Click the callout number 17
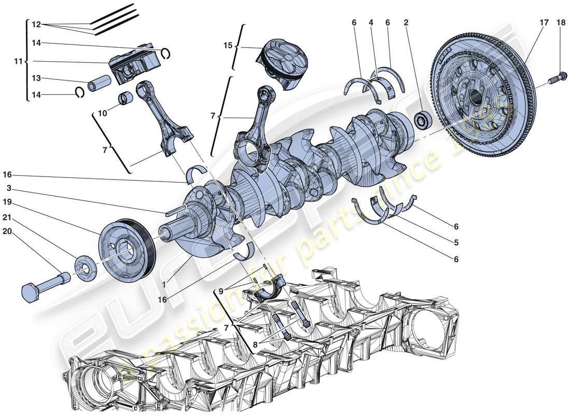(x=543, y=23)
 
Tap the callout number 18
(x=561, y=23)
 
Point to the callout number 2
(x=406, y=23)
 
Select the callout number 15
(x=228, y=46)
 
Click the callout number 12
(x=35, y=24)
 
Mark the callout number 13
(x=35, y=78)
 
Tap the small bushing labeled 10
(x=126, y=98)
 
